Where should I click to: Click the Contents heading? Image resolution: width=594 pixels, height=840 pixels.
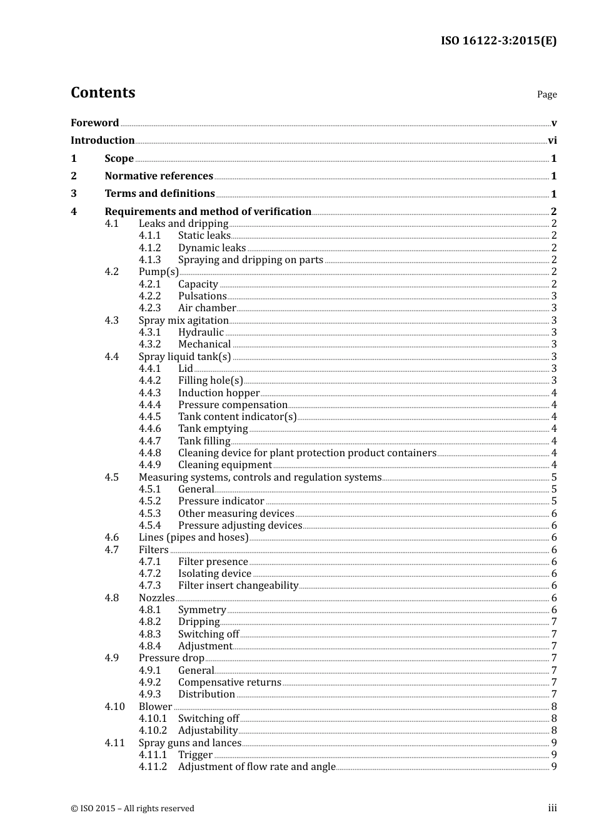(x=103, y=92)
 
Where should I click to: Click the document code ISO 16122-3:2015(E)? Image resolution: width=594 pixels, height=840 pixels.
(x=498, y=41)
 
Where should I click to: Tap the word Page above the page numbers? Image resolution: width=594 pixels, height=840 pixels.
(x=546, y=94)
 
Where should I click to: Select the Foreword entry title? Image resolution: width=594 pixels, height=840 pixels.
(x=94, y=122)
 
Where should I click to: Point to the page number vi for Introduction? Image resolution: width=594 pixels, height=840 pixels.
(x=552, y=141)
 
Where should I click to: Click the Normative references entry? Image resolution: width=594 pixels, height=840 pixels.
(x=159, y=176)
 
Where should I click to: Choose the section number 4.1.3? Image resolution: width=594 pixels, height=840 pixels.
(x=149, y=260)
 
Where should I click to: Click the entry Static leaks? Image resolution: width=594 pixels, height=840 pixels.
(x=204, y=236)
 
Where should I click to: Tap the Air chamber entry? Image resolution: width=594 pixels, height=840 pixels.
(x=207, y=308)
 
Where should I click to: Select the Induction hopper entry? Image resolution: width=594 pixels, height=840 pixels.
(x=219, y=393)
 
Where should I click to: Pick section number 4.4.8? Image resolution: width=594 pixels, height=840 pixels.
(x=149, y=453)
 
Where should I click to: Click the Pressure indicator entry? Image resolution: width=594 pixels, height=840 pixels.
(x=221, y=501)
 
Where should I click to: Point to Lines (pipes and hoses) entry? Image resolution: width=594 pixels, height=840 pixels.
(x=193, y=537)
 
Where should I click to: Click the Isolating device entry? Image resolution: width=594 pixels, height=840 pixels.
(x=214, y=574)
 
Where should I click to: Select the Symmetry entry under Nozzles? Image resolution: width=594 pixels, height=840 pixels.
(x=202, y=610)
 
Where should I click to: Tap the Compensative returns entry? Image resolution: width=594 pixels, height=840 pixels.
(x=229, y=682)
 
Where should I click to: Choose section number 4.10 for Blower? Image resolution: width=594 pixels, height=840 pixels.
(x=114, y=707)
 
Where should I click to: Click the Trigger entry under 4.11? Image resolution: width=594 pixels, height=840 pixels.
(x=195, y=755)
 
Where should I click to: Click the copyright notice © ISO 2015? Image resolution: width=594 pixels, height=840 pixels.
(x=133, y=808)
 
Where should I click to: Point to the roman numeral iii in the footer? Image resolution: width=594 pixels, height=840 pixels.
(x=552, y=808)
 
